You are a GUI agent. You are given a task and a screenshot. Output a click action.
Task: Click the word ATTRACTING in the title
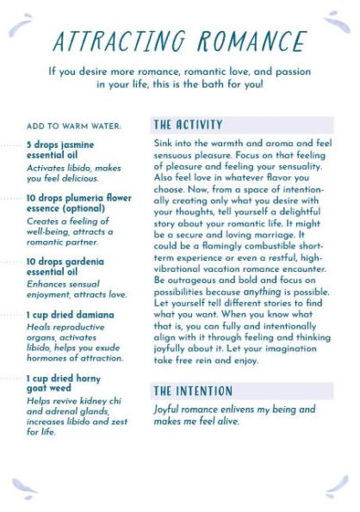[x=119, y=40]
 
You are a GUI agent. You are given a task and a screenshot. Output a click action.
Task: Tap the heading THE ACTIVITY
[x=188, y=125]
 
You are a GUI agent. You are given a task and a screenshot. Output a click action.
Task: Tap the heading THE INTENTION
[x=193, y=391]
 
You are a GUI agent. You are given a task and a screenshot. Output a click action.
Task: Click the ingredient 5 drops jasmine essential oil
[x=60, y=151]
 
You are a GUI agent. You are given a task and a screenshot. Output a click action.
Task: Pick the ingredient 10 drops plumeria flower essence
[x=78, y=203]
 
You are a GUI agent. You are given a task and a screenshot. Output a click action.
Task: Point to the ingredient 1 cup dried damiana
[x=70, y=315]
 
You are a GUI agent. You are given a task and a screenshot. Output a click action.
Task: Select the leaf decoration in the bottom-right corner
[x=337, y=487]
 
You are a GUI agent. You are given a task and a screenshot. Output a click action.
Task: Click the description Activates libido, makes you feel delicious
[x=68, y=173]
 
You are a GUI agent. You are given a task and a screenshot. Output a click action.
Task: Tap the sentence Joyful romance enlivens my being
[x=234, y=410]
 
